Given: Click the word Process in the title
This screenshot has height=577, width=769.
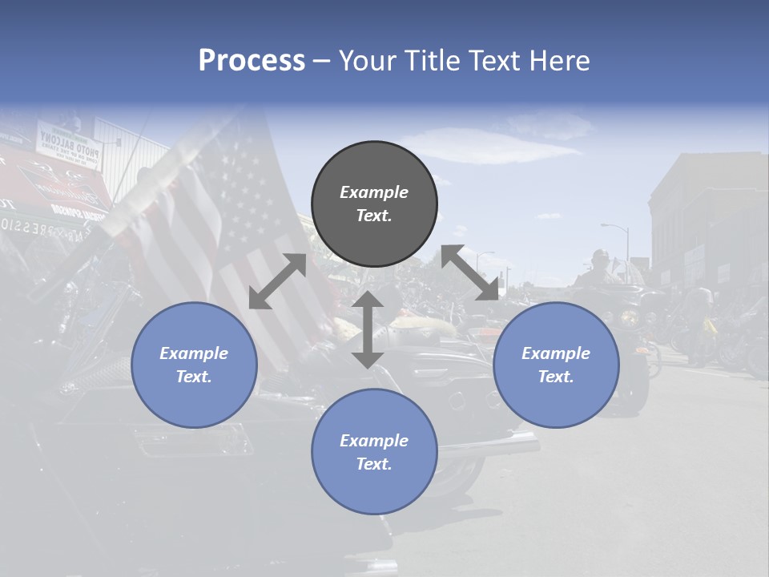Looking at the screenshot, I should point(252,61).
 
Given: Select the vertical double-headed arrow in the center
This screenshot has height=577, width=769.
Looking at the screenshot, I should point(368,329).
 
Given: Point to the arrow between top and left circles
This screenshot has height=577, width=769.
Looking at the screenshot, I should point(277,281).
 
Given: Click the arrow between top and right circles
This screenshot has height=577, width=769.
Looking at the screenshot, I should point(469,272).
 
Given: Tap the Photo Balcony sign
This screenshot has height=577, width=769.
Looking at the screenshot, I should point(70,144).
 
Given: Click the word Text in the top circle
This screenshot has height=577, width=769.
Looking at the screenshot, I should point(373,216).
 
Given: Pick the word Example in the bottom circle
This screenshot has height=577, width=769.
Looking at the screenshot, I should point(373,440).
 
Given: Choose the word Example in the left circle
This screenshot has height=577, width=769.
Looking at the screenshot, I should point(194,353).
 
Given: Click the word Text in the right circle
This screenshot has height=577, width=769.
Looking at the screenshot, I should point(556,377).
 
